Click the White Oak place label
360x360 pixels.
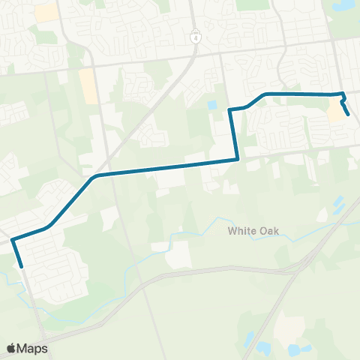pos(253,232)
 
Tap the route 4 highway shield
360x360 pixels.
pos(195,36)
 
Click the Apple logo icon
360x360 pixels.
pos(12,348)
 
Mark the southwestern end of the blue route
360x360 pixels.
pos(22,265)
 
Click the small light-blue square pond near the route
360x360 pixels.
pos(212,105)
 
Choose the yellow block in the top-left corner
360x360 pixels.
pos(46,11)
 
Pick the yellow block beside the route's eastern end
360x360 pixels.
pos(335,112)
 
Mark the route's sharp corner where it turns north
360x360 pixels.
pos(238,158)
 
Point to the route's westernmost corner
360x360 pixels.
pos(12,241)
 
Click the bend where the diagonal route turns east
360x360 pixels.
pos(96,176)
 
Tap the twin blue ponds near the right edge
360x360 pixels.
pos(338,203)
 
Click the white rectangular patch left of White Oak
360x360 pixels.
pos(178,255)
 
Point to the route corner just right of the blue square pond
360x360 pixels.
pos(229,110)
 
